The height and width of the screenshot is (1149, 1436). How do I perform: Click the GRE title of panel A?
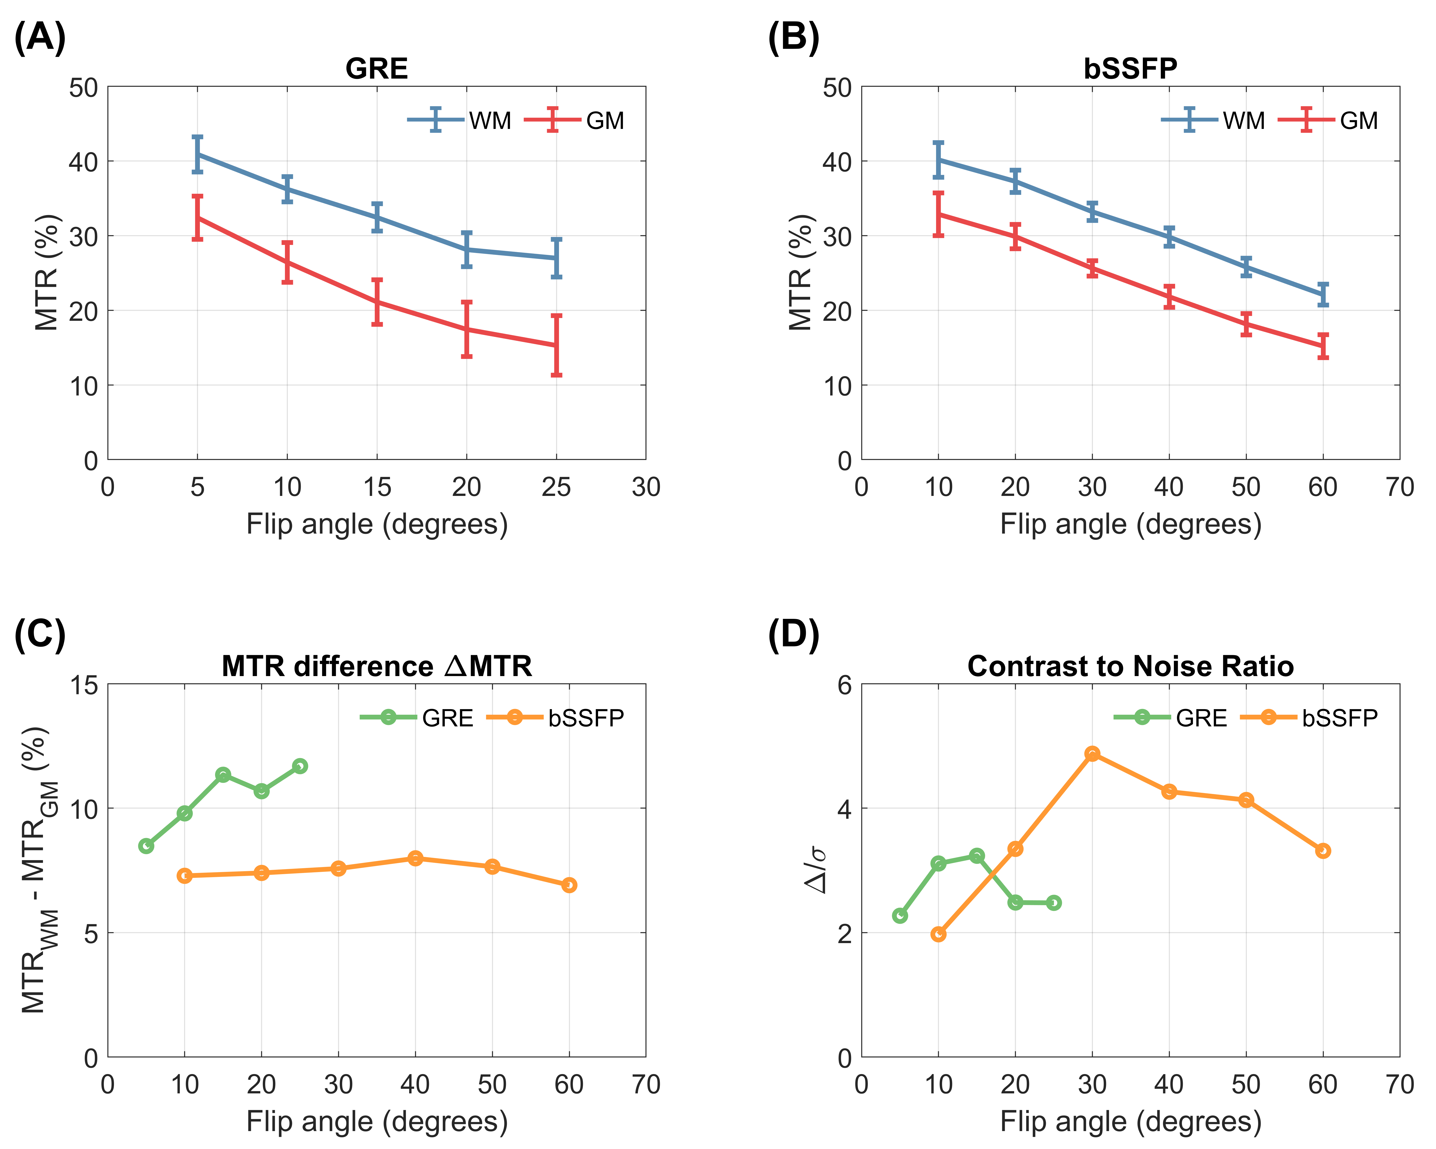click(x=376, y=69)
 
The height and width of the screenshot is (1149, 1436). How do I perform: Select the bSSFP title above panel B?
click(x=1130, y=69)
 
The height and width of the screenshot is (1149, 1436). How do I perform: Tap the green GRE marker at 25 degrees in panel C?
click(x=300, y=766)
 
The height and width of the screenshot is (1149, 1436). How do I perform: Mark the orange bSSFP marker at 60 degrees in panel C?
click(x=569, y=885)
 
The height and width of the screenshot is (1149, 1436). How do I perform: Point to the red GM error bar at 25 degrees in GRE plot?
click(x=556, y=345)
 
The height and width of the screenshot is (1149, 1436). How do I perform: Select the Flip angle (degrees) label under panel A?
click(x=377, y=524)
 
